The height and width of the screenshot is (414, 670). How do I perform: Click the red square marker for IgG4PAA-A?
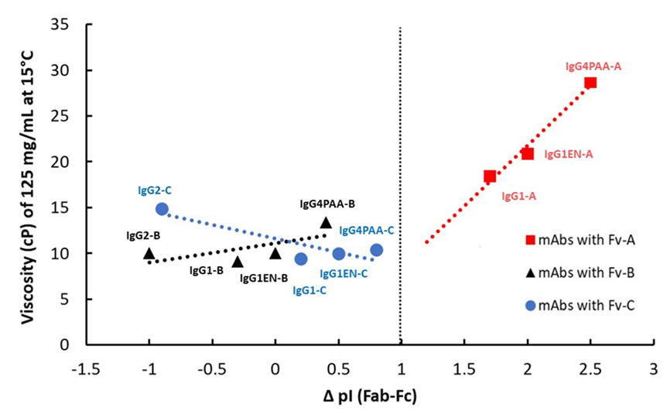[590, 83]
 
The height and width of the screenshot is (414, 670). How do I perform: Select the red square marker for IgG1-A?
[490, 176]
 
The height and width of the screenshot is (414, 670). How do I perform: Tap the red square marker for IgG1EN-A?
[528, 153]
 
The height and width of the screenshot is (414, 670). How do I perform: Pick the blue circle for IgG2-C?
[162, 209]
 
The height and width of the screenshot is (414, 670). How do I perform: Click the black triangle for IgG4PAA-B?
[326, 223]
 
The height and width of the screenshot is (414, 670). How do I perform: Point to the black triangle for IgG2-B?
[149, 253]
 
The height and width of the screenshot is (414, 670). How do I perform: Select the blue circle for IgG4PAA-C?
[376, 250]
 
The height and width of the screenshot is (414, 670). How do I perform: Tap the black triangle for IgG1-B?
[238, 262]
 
